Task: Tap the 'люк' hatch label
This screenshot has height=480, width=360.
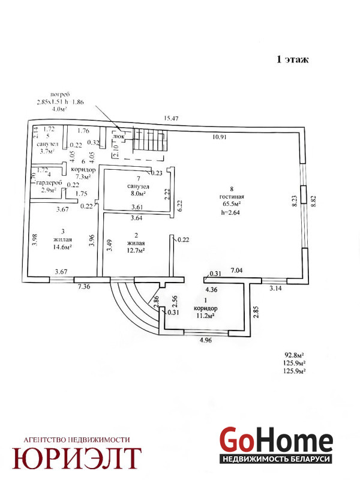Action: click(x=118, y=136)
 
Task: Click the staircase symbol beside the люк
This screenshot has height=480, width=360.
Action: click(x=149, y=142)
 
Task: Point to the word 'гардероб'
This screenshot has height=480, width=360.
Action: click(x=49, y=182)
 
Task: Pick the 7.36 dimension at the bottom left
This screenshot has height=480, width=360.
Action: click(x=83, y=287)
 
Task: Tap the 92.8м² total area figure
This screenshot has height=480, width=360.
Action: click(x=295, y=355)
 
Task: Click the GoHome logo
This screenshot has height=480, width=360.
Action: click(x=275, y=441)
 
